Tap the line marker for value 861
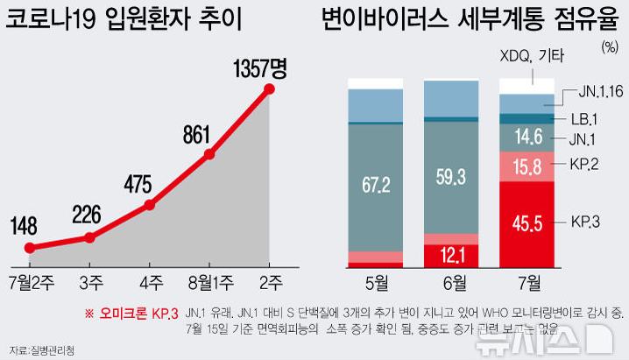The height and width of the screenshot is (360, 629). coord(209,155)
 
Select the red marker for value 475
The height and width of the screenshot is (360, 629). coord(149,205)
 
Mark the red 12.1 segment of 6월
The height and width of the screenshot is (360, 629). coord(451,255)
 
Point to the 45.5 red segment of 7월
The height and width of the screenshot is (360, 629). coord(527,224)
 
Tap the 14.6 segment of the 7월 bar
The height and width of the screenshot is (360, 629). coord(527,137)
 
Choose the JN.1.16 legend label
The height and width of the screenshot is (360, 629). coord(599,89)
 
